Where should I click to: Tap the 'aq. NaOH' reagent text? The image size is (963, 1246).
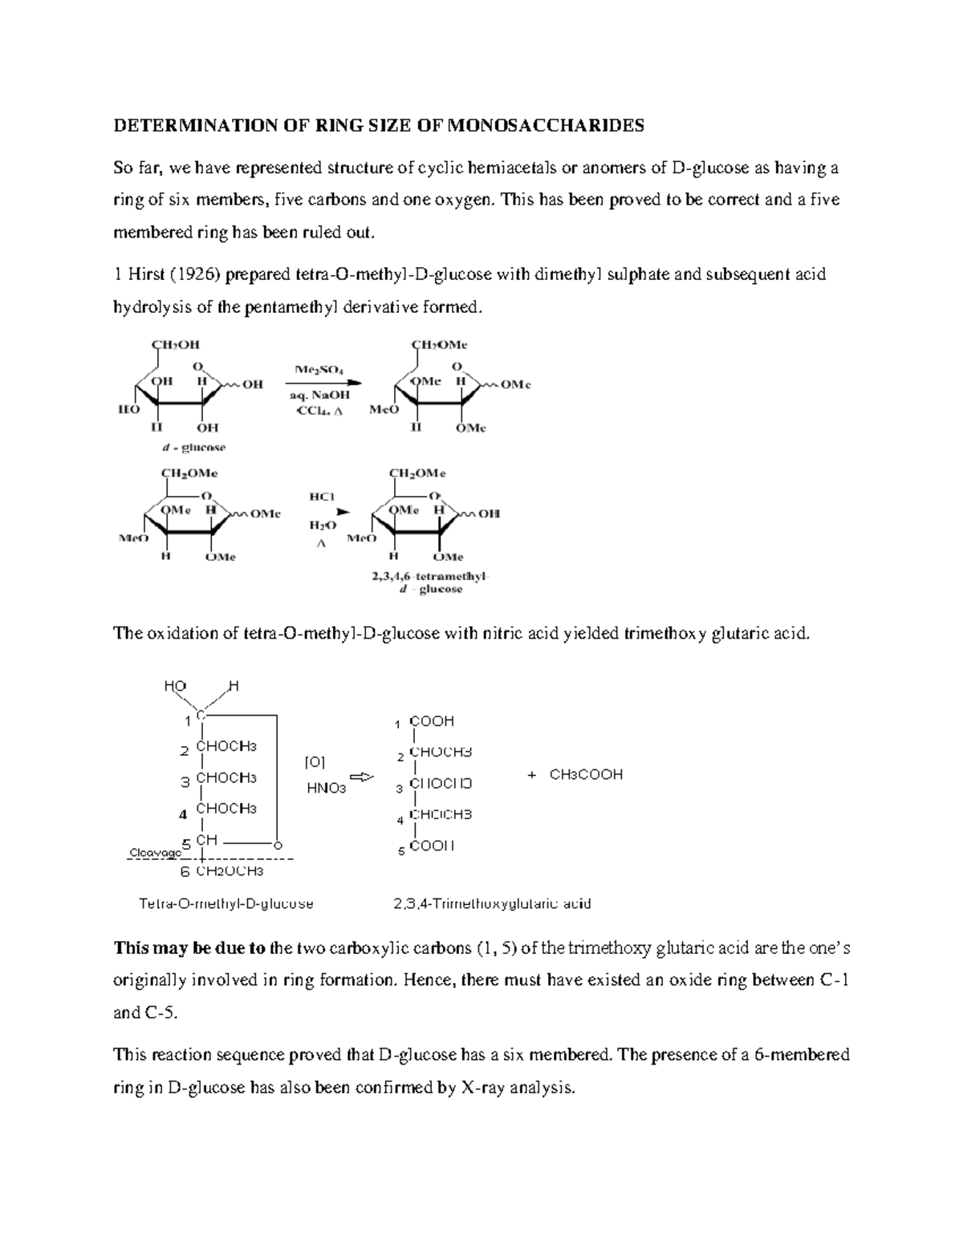click(319, 396)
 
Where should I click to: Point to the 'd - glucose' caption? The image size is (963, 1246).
click(193, 447)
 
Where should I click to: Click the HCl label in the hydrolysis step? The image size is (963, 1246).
click(321, 497)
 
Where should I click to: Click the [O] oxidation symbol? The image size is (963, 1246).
click(315, 761)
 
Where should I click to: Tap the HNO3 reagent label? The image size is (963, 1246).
click(327, 788)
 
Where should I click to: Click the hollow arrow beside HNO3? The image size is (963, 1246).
click(363, 777)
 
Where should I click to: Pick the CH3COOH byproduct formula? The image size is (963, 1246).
click(586, 775)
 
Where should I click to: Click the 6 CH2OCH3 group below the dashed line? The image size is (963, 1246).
click(222, 871)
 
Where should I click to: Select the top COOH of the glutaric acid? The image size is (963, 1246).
click(432, 721)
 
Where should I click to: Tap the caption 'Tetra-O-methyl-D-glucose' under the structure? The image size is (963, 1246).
click(226, 903)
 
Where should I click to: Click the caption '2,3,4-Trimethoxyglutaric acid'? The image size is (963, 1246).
click(492, 903)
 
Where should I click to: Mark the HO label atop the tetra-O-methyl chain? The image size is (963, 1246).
click(175, 686)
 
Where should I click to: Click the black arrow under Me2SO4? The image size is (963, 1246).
click(321, 383)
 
